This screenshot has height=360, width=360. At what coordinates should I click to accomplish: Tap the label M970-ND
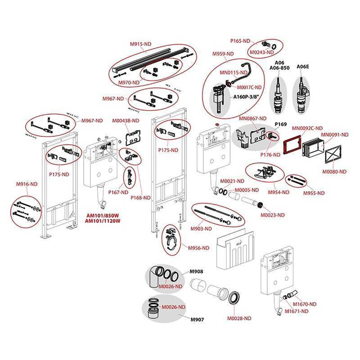(x=128, y=82)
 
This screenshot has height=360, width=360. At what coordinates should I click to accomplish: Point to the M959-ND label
(x=223, y=54)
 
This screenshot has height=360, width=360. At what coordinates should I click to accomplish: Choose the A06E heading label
(x=302, y=67)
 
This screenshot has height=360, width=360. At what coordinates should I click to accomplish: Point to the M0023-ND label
(x=274, y=215)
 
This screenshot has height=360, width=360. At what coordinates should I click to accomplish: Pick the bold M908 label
(x=197, y=271)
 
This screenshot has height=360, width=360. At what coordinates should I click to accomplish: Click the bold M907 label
(x=197, y=319)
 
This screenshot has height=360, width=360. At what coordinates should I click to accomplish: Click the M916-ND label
(x=27, y=184)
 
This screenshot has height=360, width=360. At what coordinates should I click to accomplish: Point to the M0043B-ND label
(x=113, y=121)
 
